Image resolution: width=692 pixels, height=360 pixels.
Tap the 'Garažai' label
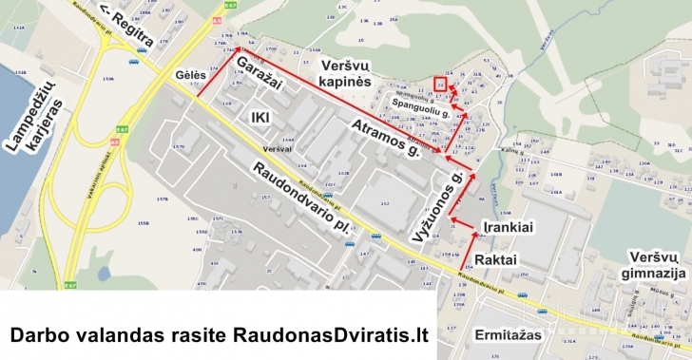click(260, 81)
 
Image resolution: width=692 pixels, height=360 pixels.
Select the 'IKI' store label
click(260, 117)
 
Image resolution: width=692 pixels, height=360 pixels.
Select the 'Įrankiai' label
click(504, 228)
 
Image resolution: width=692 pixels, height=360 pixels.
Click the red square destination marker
click(439, 84)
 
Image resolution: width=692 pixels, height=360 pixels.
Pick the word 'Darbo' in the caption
click(37, 334)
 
